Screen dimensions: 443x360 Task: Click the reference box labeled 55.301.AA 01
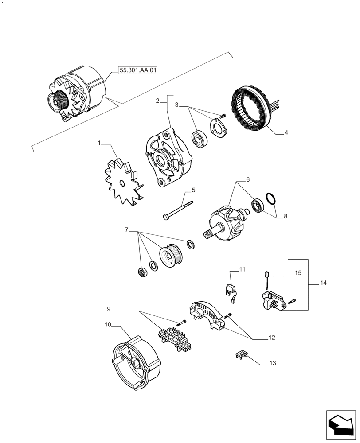coord(138,70)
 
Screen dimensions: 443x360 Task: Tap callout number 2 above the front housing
coord(157,101)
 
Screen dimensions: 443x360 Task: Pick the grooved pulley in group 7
coord(170,256)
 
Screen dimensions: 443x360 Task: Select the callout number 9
coord(109,309)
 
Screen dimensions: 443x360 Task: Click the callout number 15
coord(298,274)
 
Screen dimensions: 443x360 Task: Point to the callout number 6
coord(248,180)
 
